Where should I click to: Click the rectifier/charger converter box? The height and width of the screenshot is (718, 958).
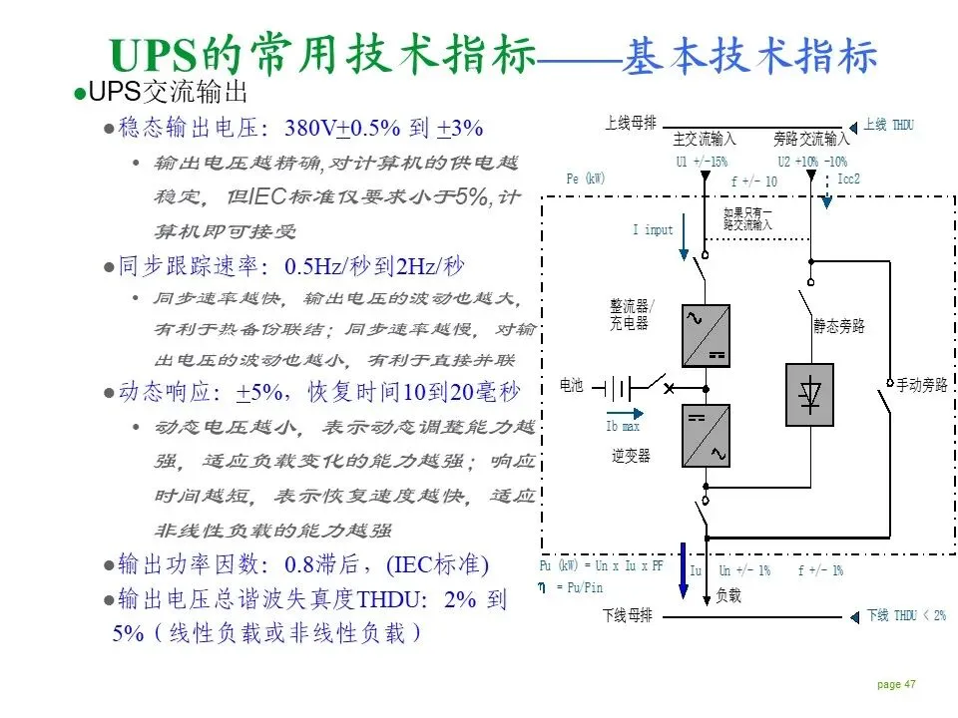tap(706, 336)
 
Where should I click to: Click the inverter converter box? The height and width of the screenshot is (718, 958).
tap(706, 436)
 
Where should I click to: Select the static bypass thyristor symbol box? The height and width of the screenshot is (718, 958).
tap(808, 395)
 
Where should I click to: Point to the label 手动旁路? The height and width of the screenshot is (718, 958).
tap(921, 385)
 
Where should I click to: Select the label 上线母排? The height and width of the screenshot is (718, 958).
tap(631, 124)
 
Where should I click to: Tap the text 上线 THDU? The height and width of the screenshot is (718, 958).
tap(888, 126)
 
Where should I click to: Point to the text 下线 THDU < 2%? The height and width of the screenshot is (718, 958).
tap(905, 615)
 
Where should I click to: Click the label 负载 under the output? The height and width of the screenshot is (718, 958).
tap(728, 595)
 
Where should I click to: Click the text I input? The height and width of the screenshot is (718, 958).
tap(653, 230)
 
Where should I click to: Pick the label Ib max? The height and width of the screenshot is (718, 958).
tap(623, 427)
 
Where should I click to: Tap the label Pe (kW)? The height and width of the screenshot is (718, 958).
tap(586, 179)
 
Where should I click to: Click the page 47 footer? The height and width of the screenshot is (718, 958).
tap(896, 684)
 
